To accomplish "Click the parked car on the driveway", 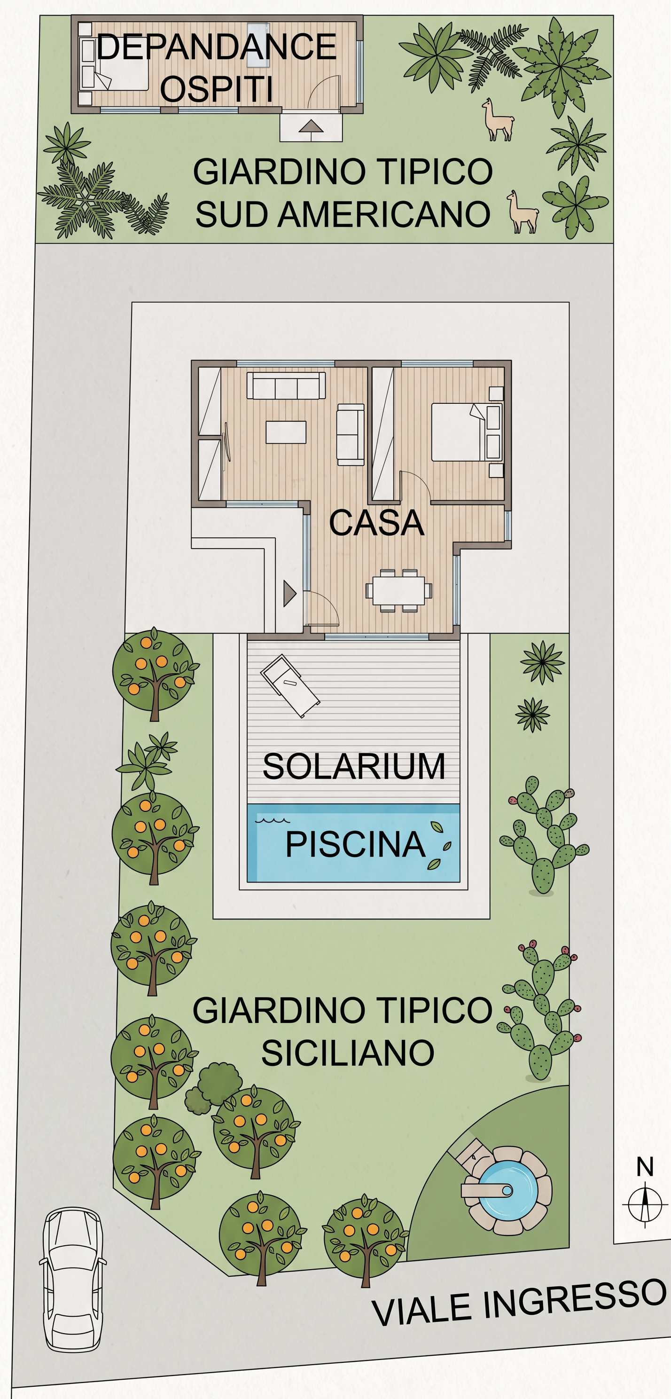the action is (73, 1279).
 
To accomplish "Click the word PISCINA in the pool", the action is (356, 844).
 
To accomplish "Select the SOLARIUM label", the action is (354, 766).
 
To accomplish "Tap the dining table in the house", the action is (399, 590).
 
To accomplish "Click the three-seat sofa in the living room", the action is (286, 385).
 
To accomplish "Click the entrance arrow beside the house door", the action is (289, 594).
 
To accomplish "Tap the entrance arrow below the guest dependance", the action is (311, 126).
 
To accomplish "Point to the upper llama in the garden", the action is (497, 120).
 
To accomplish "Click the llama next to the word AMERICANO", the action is (522, 212).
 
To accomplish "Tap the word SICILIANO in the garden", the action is (348, 1053).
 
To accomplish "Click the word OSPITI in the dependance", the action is (217, 89).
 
